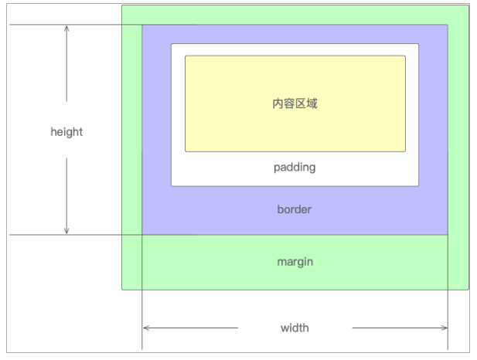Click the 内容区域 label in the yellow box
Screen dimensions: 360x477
click(x=295, y=104)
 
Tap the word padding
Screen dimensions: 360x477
click(x=295, y=167)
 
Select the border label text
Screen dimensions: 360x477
click(x=295, y=209)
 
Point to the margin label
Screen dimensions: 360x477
click(x=295, y=262)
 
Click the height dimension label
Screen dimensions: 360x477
click(x=66, y=131)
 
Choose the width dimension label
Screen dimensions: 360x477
click(x=295, y=328)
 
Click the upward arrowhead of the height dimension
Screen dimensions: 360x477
click(x=66, y=28)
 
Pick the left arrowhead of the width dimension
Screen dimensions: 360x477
click(x=146, y=328)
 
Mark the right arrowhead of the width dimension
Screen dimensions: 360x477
click(x=445, y=328)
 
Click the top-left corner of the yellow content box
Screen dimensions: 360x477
click(x=186, y=56)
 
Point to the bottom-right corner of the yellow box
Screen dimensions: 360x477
click(x=405, y=151)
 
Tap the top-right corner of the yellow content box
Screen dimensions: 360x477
click(x=405, y=56)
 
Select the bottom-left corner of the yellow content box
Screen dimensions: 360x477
click(x=186, y=151)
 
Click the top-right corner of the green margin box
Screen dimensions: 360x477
click(x=468, y=6)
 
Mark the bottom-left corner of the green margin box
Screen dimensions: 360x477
click(x=122, y=289)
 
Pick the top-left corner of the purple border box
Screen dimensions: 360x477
click(x=142, y=25)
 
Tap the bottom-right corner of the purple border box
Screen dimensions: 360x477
click(x=448, y=233)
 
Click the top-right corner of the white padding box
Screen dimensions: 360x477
click(x=418, y=44)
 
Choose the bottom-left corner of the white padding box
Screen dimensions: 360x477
click(x=172, y=185)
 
